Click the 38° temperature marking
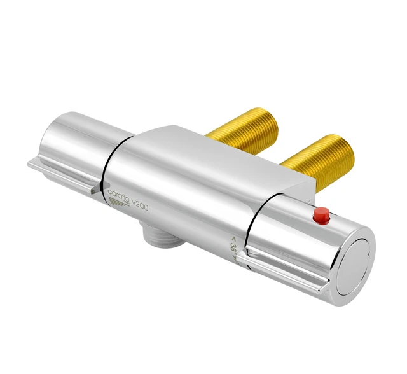235,247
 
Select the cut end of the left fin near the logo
95,189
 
